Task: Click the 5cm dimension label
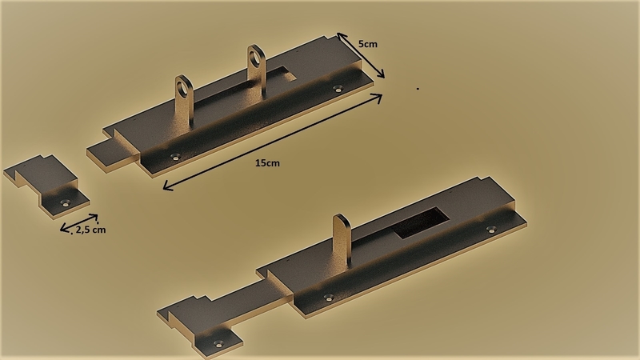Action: [368, 43]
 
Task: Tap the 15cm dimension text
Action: [267, 162]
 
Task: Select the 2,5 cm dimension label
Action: [90, 230]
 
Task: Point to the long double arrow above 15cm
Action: [272, 141]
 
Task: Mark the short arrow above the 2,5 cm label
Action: [79, 222]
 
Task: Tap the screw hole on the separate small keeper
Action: [66, 201]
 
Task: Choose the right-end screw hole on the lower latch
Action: [491, 230]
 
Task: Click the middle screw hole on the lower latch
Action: [327, 298]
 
